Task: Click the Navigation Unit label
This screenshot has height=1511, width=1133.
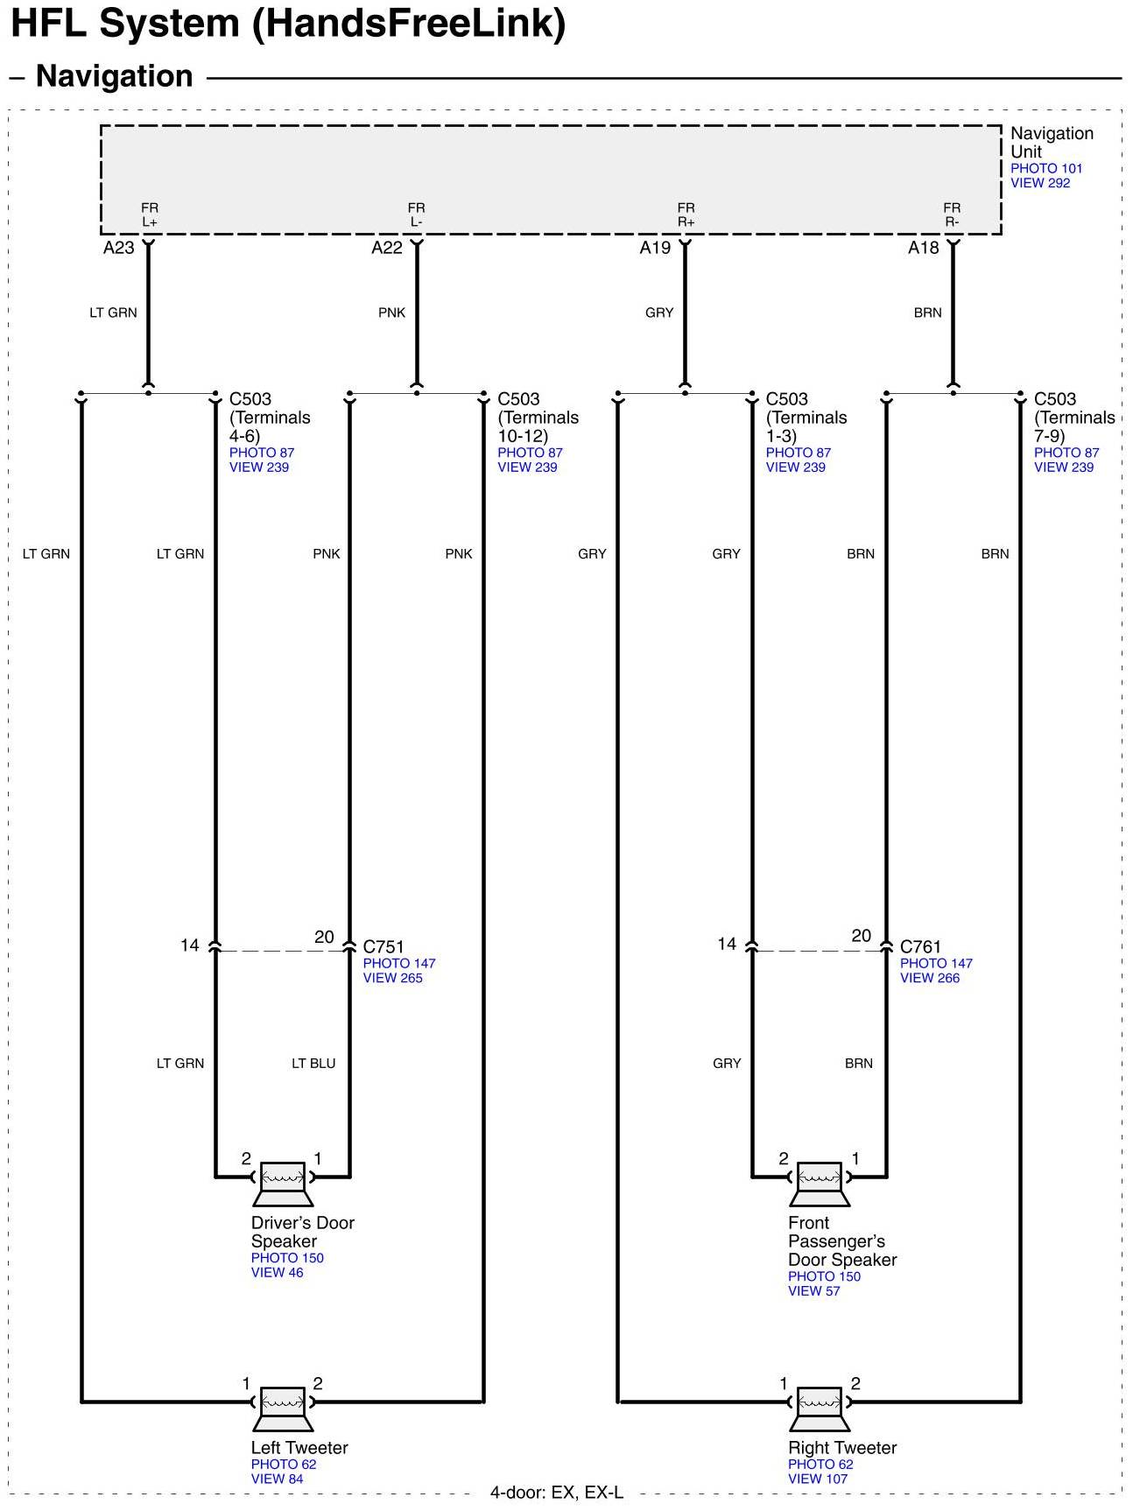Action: (1051, 142)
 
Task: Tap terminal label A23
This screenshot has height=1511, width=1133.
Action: (119, 248)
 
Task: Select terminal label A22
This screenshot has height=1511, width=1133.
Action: (387, 248)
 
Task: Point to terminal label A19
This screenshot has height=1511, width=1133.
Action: (655, 248)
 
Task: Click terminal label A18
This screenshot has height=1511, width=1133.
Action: (923, 248)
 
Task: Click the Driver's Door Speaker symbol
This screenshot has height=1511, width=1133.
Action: (283, 1182)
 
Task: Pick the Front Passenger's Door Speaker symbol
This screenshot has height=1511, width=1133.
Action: (820, 1182)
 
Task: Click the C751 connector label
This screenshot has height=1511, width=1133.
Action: (384, 946)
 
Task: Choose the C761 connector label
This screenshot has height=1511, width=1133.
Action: (920, 946)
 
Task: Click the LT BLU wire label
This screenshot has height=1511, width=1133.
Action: (313, 1064)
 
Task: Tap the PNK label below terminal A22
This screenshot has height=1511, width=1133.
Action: (391, 313)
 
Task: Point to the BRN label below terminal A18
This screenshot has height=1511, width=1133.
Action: (927, 313)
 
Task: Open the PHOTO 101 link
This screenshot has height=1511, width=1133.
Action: (1046, 168)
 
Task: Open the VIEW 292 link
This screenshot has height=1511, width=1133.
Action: (1040, 183)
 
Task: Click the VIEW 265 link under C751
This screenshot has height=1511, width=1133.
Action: (392, 978)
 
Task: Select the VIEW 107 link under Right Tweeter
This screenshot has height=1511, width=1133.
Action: (818, 1479)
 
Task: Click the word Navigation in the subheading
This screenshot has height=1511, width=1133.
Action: (114, 76)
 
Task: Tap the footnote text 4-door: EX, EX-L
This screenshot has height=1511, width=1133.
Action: (557, 1493)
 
